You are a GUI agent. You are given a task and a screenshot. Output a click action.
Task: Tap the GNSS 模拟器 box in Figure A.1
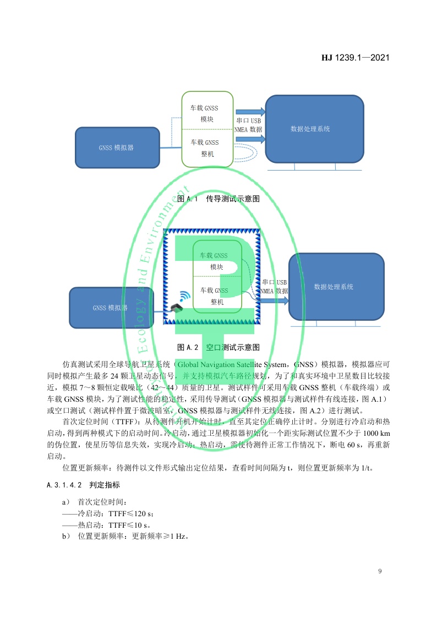coord(117,147)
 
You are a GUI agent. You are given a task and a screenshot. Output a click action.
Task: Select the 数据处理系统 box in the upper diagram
coord(314,129)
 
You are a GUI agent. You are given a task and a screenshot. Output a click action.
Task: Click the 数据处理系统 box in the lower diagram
coord(336,287)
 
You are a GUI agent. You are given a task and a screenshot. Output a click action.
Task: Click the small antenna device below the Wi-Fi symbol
coord(177,309)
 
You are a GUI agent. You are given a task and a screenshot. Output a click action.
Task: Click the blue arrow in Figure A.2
coord(274,301)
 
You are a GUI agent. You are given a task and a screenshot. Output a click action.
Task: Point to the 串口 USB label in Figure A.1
coord(249,121)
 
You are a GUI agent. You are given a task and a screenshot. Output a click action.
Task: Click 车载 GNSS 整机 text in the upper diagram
coord(205,148)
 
